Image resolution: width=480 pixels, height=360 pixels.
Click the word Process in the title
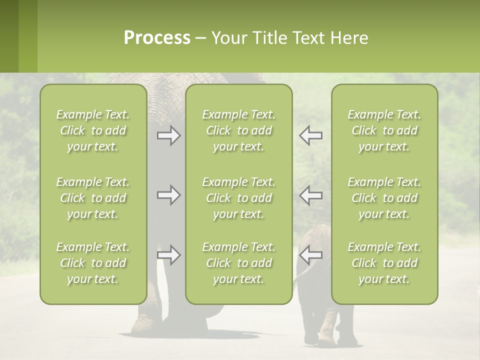(x=157, y=38)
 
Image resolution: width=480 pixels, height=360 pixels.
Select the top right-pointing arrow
(x=168, y=135)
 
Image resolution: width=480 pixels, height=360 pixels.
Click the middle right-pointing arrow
(x=168, y=195)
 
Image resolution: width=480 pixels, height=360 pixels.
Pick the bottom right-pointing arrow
(x=168, y=255)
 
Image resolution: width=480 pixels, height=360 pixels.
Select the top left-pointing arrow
(x=310, y=135)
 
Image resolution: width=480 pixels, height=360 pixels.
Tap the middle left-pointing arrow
(x=310, y=195)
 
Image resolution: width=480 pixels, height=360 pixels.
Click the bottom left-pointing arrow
(x=310, y=255)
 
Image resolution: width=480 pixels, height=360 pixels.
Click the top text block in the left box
(x=93, y=130)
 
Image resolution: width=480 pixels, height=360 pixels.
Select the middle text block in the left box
(x=93, y=198)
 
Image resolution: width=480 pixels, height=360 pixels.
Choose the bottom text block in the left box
(x=93, y=263)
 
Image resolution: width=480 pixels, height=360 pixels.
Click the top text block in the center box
(x=238, y=130)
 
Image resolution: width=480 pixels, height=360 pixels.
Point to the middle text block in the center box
(x=238, y=198)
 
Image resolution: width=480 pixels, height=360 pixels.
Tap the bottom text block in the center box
(x=238, y=263)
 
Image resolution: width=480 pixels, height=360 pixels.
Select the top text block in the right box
(x=384, y=130)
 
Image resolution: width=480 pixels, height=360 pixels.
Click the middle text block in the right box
(x=384, y=198)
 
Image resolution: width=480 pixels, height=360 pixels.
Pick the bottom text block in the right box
(x=384, y=263)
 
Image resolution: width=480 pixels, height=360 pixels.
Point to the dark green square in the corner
(x=9, y=36)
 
